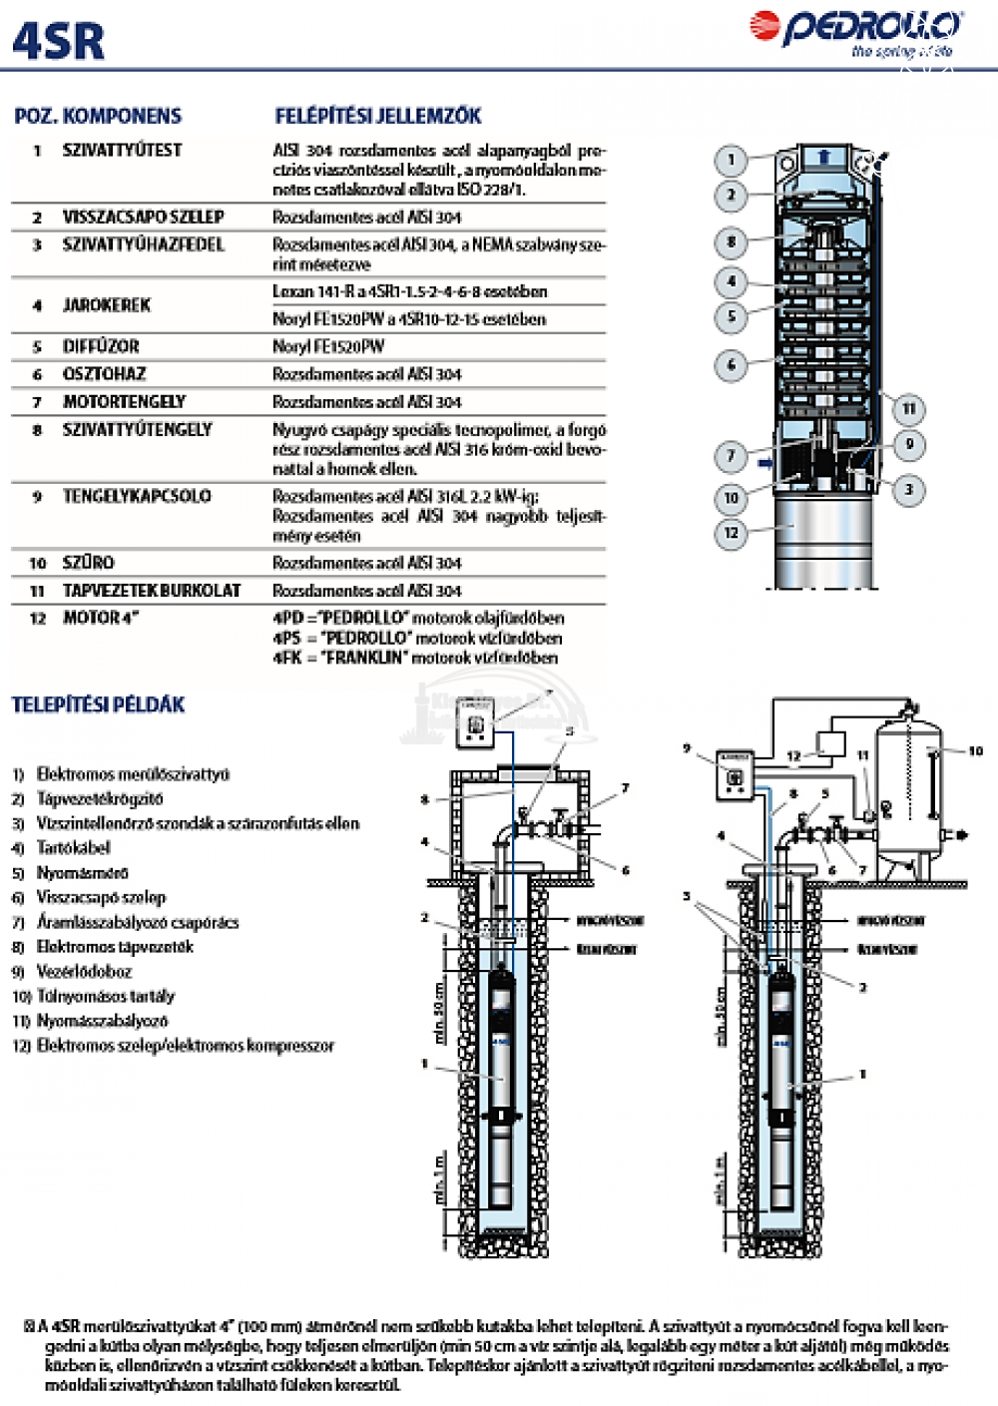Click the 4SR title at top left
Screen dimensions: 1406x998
(58, 42)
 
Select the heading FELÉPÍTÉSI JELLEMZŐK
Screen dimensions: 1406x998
(378, 116)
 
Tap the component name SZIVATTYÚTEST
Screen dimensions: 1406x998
(122, 150)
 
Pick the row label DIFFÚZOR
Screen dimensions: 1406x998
(101, 346)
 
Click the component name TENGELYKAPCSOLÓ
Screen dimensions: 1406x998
(137, 496)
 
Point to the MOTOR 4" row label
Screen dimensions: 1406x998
(101, 618)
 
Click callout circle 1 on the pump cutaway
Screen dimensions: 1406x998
(731, 160)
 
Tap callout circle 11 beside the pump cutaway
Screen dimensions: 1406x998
(908, 408)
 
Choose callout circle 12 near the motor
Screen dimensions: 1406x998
(731, 532)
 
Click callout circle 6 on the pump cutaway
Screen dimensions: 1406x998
(731, 364)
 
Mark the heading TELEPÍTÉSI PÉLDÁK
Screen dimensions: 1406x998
(98, 704)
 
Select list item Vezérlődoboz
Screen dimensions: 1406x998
(84, 971)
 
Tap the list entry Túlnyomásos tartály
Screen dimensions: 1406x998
(105, 996)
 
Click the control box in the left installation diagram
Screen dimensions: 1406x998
(475, 723)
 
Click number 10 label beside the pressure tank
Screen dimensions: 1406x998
(975, 750)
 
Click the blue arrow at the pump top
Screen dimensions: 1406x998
(823, 157)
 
